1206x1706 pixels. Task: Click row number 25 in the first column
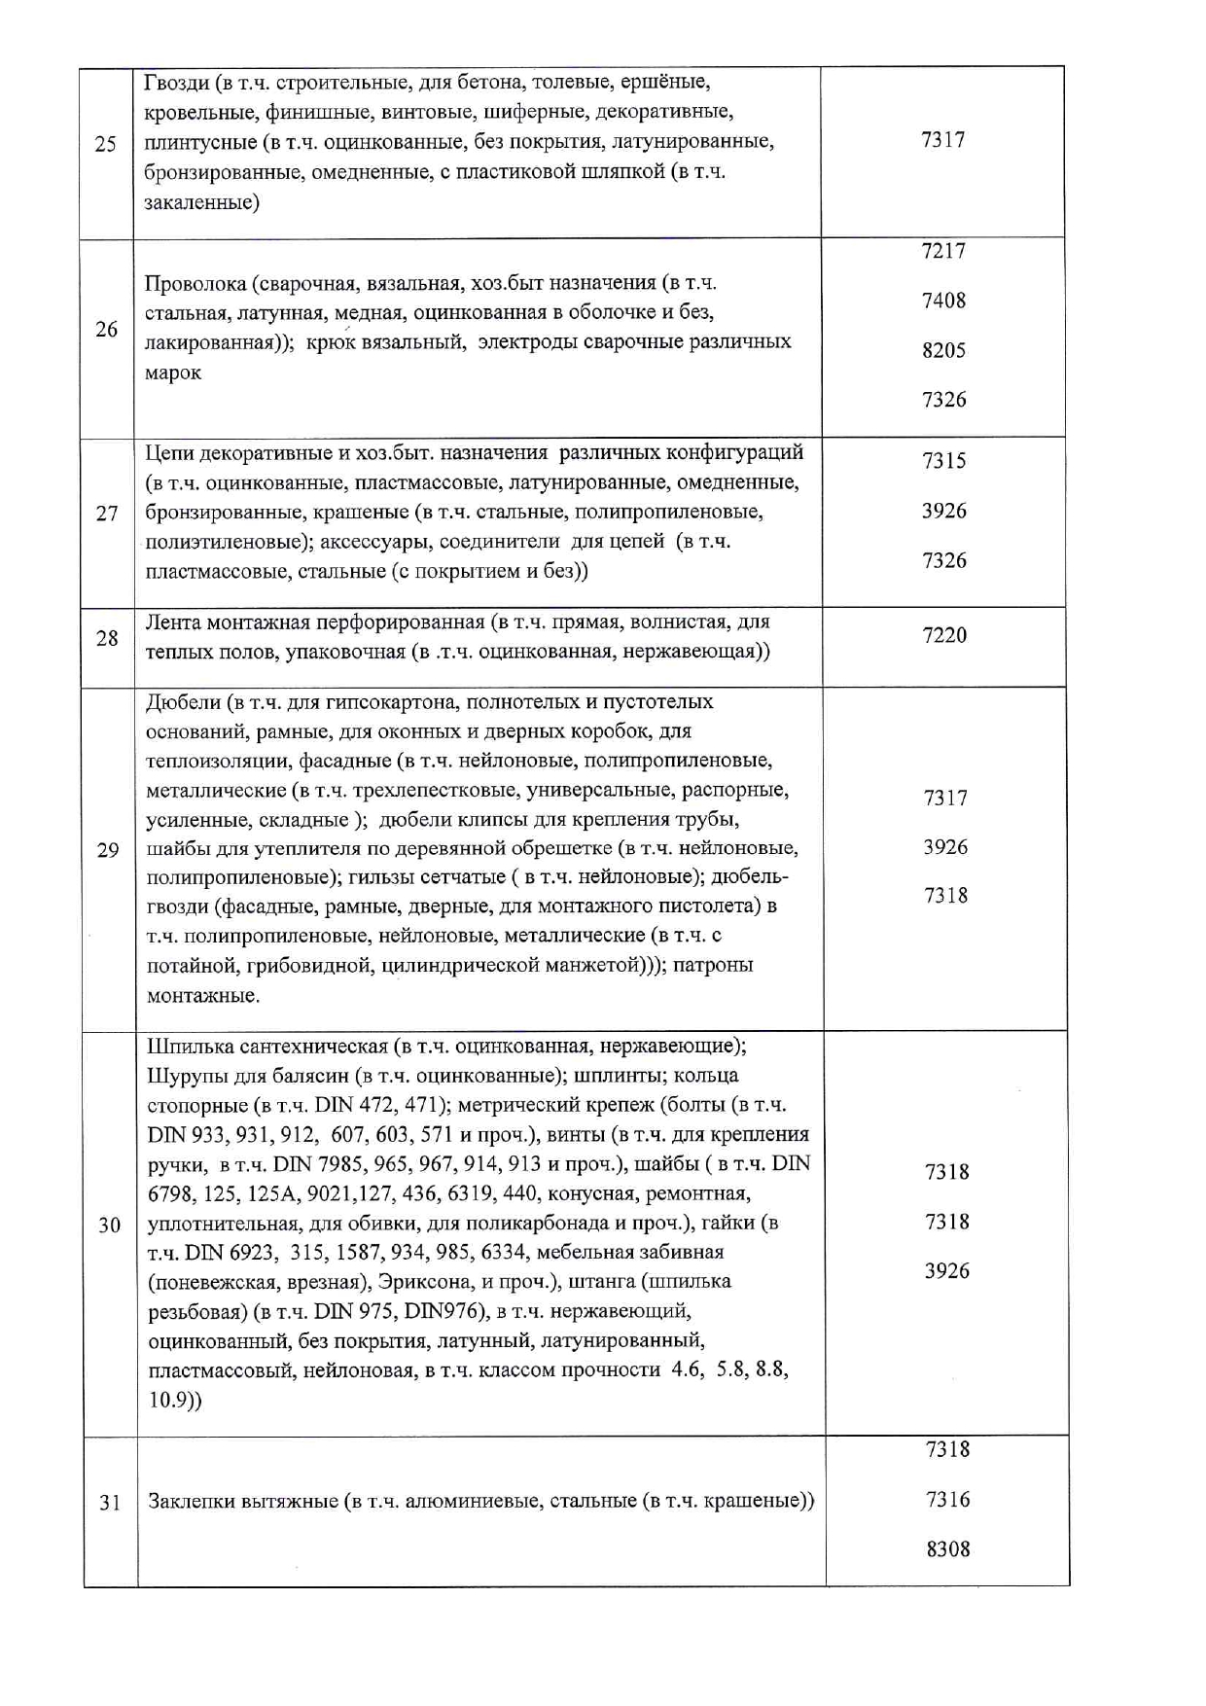(105, 145)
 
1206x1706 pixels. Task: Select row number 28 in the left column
(107, 639)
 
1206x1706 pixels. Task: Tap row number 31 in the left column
(110, 1503)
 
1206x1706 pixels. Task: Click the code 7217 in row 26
(943, 251)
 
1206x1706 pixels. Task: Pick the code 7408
(943, 301)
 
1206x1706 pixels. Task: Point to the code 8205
(943, 350)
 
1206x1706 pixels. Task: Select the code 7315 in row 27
(944, 461)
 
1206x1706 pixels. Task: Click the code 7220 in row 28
(944, 635)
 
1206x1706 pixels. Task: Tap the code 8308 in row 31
(947, 1549)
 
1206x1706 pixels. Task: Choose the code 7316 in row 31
(947, 1500)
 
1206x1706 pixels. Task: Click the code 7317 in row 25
(942, 140)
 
